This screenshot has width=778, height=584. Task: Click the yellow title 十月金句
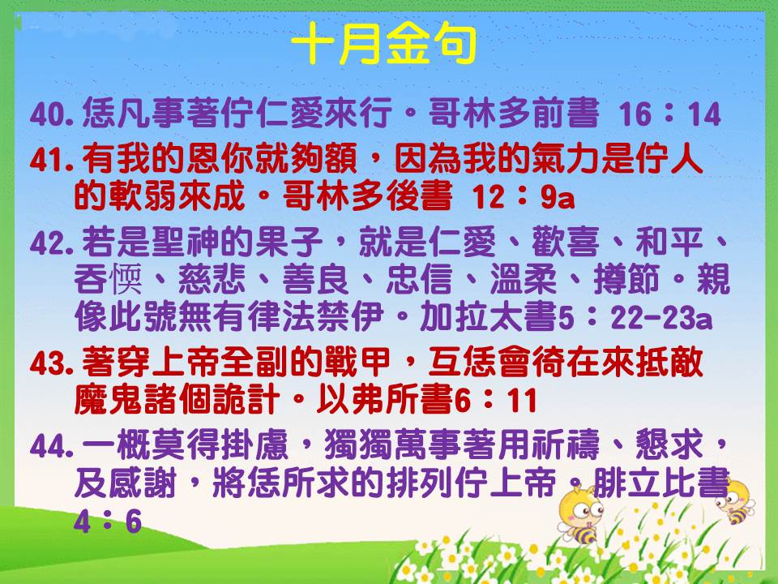click(383, 44)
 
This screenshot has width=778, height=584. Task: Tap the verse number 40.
click(52, 114)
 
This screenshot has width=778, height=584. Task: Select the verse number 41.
click(52, 161)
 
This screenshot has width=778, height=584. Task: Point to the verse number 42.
click(52, 244)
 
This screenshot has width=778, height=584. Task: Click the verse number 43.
click(52, 364)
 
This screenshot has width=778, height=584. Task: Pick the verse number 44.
click(52, 446)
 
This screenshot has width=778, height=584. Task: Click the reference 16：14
click(669, 114)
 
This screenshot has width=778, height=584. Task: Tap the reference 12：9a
click(524, 197)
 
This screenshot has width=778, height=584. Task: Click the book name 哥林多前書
click(514, 114)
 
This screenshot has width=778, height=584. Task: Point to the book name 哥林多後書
click(368, 195)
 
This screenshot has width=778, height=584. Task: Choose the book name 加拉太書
click(489, 316)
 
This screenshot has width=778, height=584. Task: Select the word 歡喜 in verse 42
click(565, 242)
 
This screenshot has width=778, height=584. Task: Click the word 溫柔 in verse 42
click(524, 279)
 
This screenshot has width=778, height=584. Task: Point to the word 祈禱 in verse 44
click(565, 444)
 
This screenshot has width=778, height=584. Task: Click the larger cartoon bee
click(580, 515)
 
